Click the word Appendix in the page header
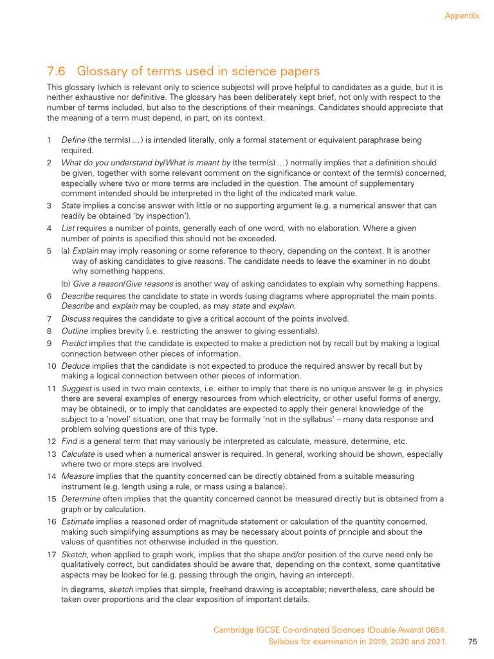462,15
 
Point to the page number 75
473,642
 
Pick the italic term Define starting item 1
73,140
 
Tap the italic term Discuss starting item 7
76,319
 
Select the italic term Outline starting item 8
75,331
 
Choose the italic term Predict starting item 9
75,344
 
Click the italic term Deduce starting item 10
76,366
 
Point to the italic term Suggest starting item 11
77,389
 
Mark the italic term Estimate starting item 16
77,521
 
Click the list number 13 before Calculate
51,454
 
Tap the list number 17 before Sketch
51,555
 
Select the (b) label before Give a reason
66,284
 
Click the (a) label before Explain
66,250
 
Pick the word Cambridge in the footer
233,630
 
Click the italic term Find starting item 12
69,441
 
